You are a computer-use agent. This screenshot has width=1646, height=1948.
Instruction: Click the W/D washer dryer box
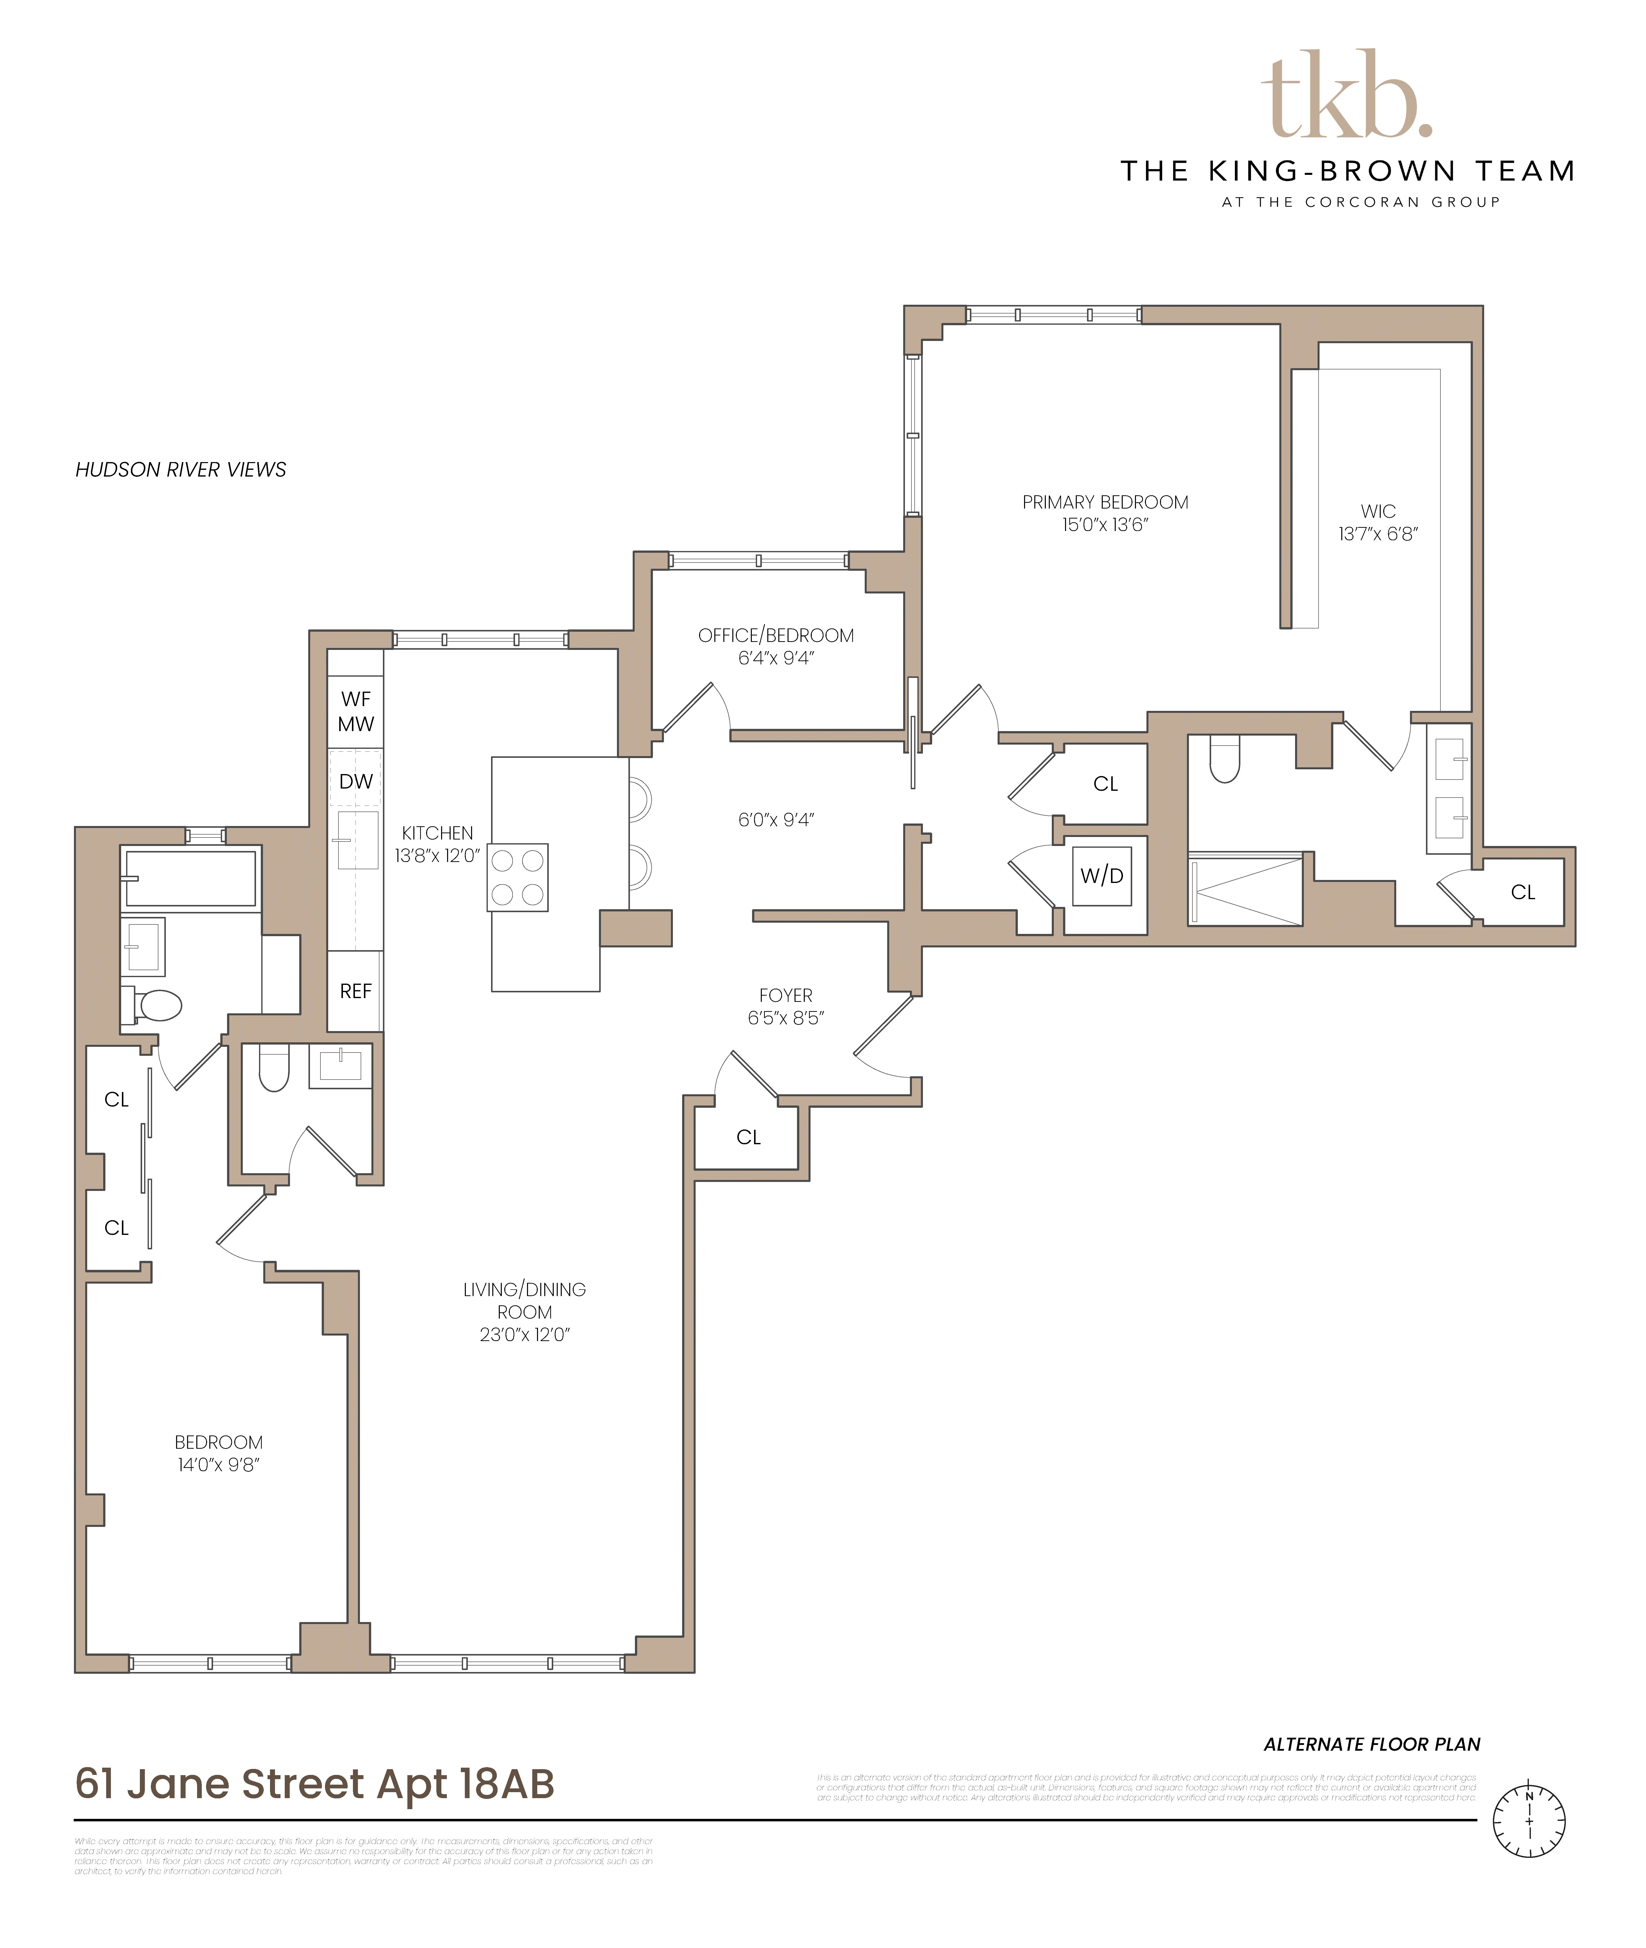point(1102,876)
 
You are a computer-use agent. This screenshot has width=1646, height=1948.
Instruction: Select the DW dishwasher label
point(355,782)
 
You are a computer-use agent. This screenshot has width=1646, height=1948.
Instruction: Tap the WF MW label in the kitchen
point(355,711)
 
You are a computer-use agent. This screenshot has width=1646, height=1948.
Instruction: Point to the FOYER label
point(786,995)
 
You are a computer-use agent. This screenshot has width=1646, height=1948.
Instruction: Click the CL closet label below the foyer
point(748,1137)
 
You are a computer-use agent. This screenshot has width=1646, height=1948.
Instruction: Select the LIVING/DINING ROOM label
point(525,1301)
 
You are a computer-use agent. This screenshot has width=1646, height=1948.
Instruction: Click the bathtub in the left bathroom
point(190,878)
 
